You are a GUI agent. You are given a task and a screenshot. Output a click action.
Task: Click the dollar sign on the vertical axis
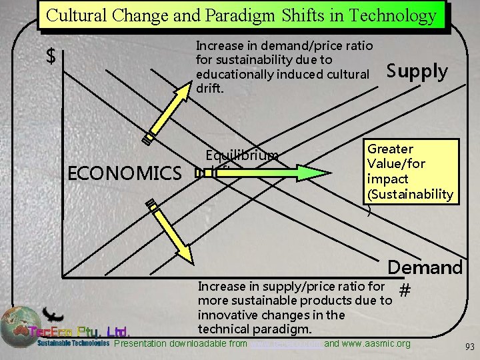point(50,57)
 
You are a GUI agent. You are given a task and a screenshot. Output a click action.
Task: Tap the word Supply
point(417,71)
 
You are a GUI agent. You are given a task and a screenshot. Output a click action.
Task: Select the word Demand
point(425,267)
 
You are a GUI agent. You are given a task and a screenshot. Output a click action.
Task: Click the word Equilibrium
point(242,156)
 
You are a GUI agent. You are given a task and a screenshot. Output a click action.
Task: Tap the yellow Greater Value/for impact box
point(410,171)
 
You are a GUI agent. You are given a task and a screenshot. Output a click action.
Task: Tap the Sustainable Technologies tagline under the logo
point(73,344)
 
